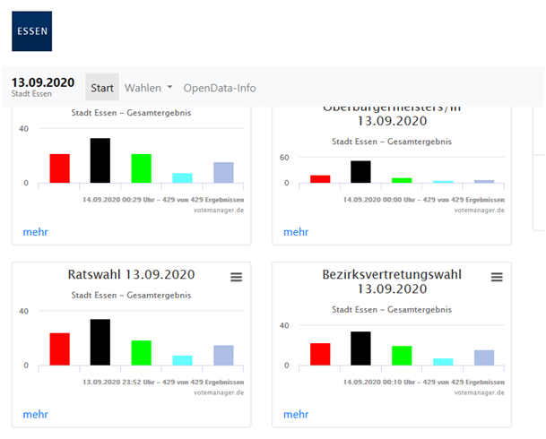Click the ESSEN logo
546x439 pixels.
click(x=31, y=31)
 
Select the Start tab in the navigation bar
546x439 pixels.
click(x=102, y=88)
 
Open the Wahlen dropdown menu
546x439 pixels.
click(x=149, y=88)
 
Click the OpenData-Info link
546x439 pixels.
click(x=220, y=88)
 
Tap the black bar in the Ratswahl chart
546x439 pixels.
click(x=100, y=343)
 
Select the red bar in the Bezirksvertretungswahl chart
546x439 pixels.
click(x=320, y=354)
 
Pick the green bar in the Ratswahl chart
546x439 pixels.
click(x=141, y=353)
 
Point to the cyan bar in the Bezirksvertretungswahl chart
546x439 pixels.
click(x=443, y=362)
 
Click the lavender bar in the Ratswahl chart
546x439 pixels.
click(x=223, y=356)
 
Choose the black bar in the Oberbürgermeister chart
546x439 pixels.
click(x=360, y=172)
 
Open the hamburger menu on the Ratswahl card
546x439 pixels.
click(x=236, y=278)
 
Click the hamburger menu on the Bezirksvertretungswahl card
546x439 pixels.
click(x=497, y=278)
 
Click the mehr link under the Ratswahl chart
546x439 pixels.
click(x=35, y=415)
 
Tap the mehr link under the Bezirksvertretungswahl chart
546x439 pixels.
click(x=296, y=415)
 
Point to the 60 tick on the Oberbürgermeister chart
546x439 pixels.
click(x=284, y=157)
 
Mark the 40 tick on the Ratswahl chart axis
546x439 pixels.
click(x=23, y=311)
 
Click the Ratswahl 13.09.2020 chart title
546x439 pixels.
click(x=131, y=274)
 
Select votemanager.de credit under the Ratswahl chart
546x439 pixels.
click(x=221, y=392)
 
